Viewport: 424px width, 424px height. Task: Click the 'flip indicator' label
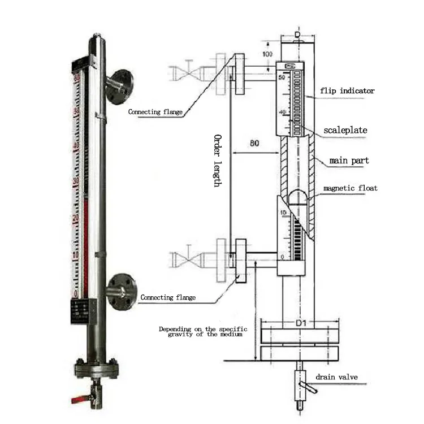(x=347, y=90)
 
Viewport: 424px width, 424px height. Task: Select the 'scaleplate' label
(x=345, y=131)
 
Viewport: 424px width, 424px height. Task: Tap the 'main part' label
(x=349, y=161)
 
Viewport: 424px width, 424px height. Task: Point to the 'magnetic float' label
(x=350, y=188)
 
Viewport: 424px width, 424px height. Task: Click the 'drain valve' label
(x=336, y=378)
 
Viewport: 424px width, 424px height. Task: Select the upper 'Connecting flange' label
(x=155, y=112)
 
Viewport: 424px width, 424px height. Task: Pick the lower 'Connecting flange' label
(x=168, y=297)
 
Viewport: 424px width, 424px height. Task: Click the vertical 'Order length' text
(x=218, y=161)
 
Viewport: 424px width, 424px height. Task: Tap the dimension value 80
(x=255, y=144)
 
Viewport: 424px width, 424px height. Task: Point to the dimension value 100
(x=267, y=54)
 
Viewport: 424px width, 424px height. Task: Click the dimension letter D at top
(x=298, y=34)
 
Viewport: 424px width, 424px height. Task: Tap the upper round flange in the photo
(x=119, y=86)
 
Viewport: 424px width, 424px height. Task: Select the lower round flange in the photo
(x=121, y=292)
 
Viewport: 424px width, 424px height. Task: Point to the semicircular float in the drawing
(x=298, y=198)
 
